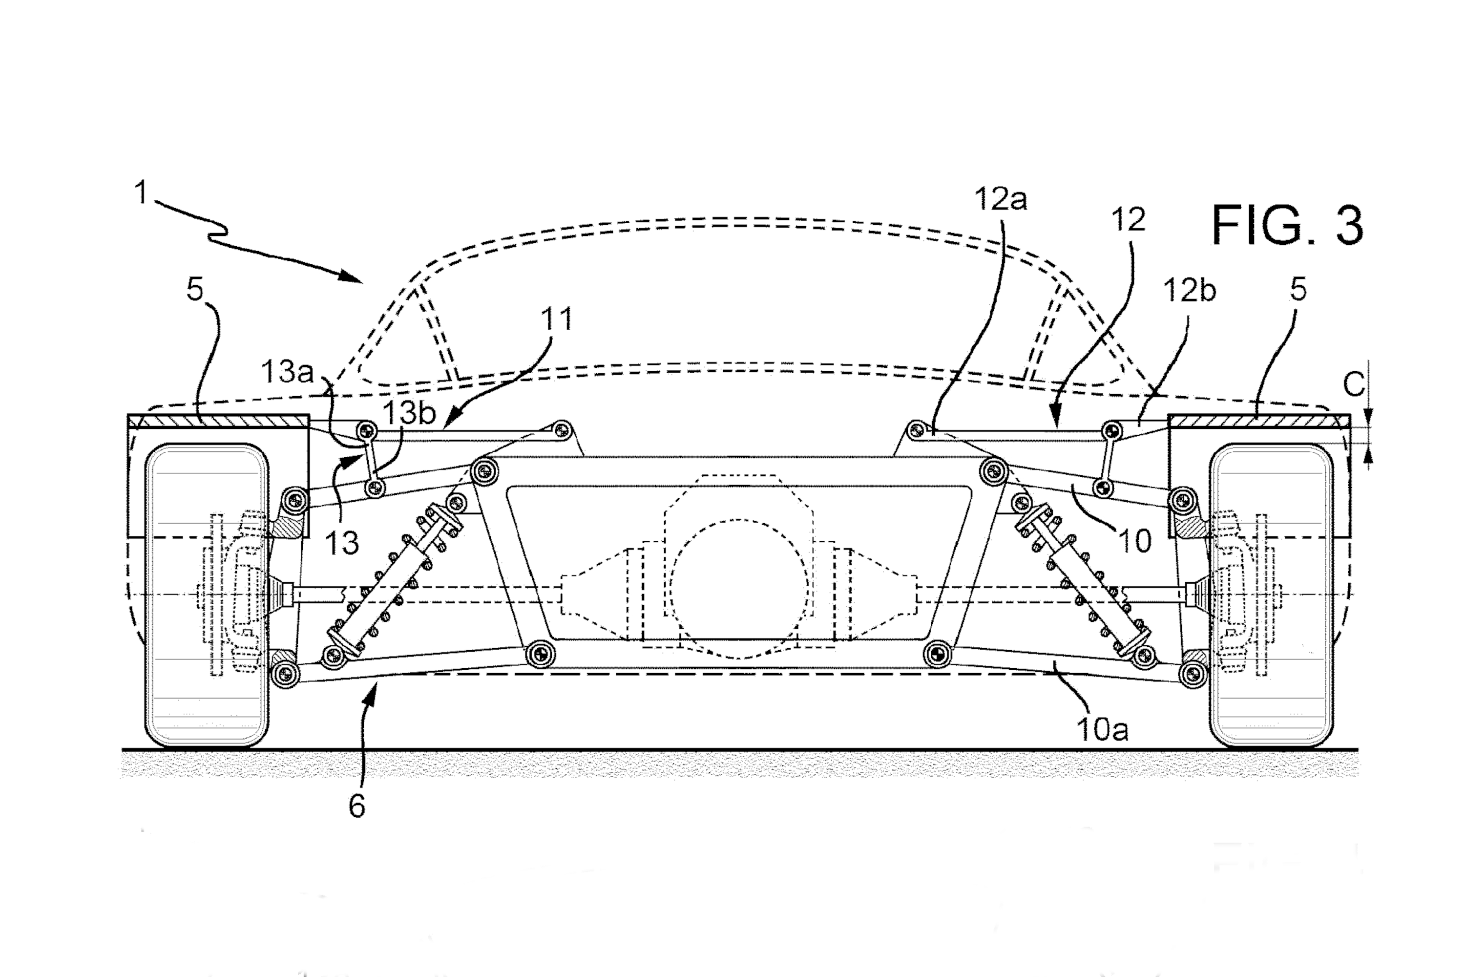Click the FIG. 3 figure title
pyautogui.click(x=1287, y=226)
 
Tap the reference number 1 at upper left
pyautogui.click(x=142, y=192)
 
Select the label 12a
pyautogui.click(x=1000, y=199)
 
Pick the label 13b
pyautogui.click(x=408, y=412)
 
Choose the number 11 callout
pyautogui.click(x=556, y=319)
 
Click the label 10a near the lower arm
pyautogui.click(x=1102, y=729)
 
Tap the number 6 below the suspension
pyautogui.click(x=356, y=807)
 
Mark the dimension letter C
pyautogui.click(x=1354, y=384)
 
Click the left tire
pyautogui.click(x=207, y=595)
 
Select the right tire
pyautogui.click(x=1271, y=595)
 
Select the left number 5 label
pyautogui.click(x=195, y=290)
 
